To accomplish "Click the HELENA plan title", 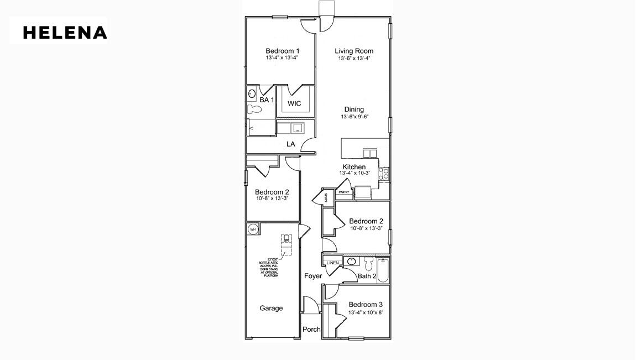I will [65, 33].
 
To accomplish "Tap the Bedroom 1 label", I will [282, 51].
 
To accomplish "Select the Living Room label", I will [354, 51].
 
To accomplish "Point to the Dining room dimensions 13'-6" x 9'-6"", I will [354, 117].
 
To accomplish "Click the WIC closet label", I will [294, 103].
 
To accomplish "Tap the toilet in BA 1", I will [254, 109].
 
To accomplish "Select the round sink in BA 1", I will [252, 93].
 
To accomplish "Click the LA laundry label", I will [290, 144].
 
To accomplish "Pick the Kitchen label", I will [354, 167].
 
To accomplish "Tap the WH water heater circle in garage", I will [253, 229].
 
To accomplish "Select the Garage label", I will [272, 308].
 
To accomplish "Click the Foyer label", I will [313, 276].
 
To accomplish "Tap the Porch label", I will [312, 329].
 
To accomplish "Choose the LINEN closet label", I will [332, 263].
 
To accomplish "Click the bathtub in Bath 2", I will [383, 270].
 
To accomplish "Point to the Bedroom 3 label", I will [366, 305].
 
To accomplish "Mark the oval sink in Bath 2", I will [350, 261].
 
